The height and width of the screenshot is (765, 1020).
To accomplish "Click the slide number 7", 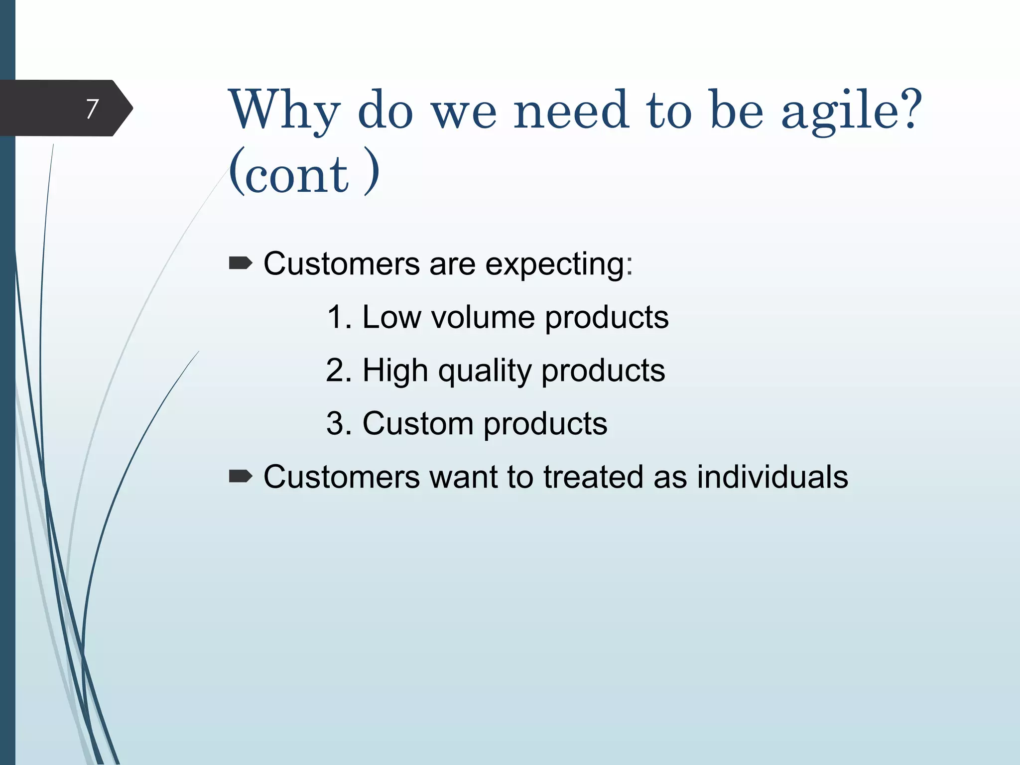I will [x=92, y=109].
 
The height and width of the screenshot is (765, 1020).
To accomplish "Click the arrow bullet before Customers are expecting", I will [x=241, y=263].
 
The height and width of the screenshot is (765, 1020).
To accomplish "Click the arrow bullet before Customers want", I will [x=241, y=477].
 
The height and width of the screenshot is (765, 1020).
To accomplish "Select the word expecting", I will [x=558, y=264].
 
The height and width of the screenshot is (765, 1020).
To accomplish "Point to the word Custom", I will [x=417, y=424].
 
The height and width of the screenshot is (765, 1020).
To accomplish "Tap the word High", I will [x=395, y=371].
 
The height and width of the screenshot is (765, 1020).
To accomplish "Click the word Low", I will [x=391, y=317].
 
